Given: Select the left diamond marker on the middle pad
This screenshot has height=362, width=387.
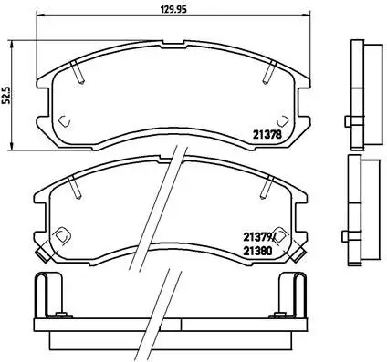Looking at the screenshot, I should (x=61, y=236).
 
